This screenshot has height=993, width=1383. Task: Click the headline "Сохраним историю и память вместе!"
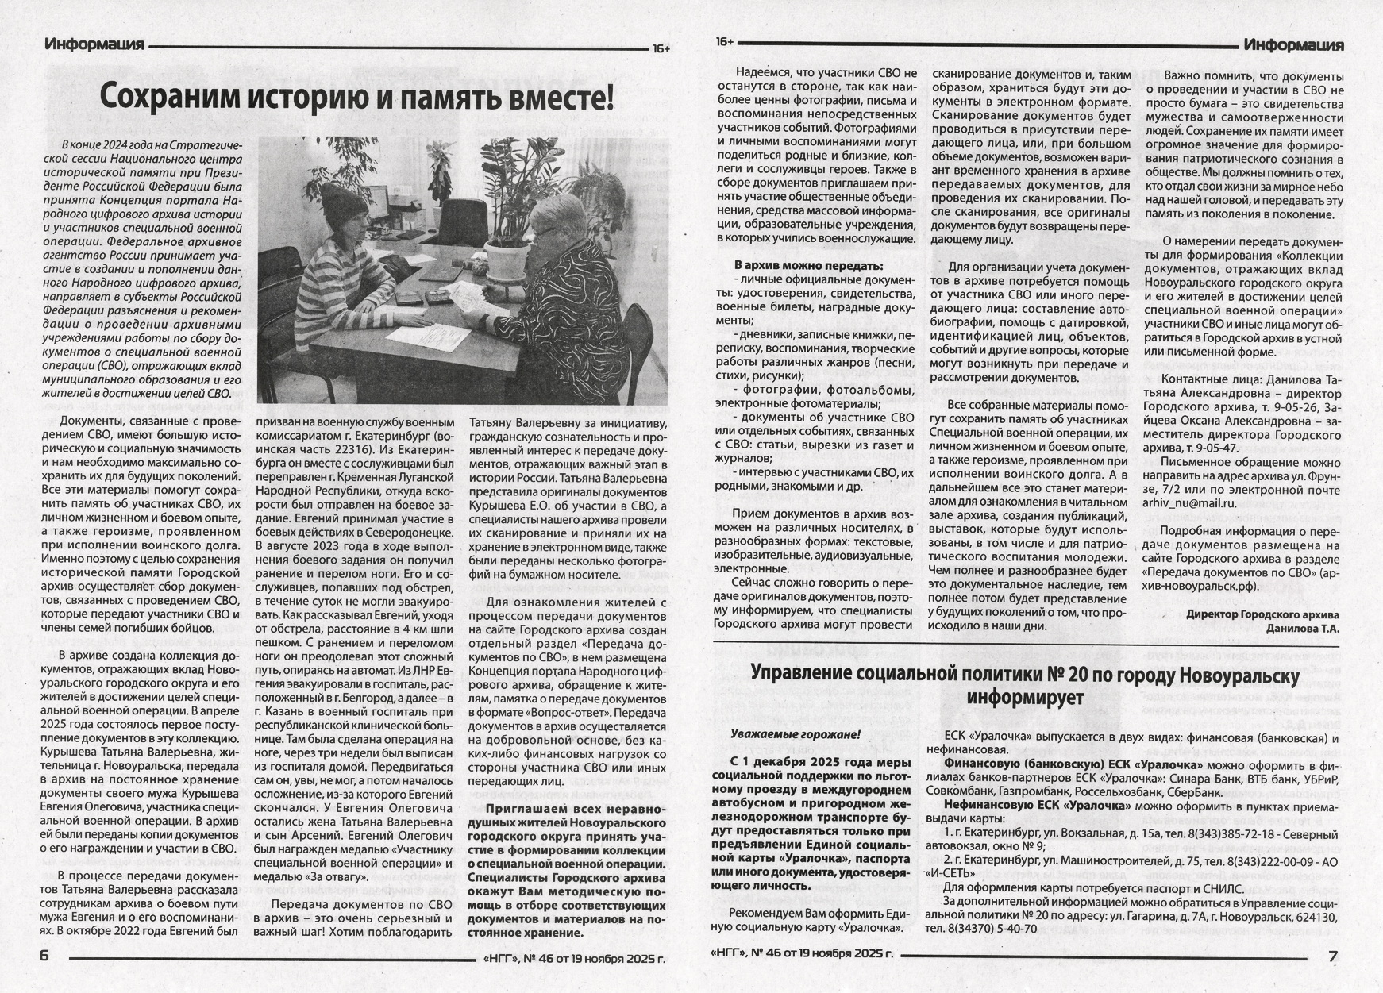coord(356,98)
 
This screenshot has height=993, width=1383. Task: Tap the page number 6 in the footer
coord(44,956)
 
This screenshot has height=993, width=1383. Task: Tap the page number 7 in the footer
coord(1333,956)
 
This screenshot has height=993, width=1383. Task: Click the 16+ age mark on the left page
coord(661,49)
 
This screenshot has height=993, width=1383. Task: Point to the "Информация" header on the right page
coord(1293,45)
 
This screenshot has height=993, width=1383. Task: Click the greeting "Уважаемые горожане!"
coord(795,734)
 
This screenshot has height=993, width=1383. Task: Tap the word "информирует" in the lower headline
coord(1025,699)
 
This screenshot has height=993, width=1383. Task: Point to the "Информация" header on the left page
coord(94,44)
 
